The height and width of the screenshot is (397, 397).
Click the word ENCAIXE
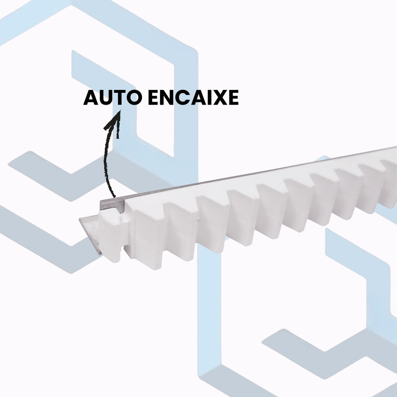(193, 98)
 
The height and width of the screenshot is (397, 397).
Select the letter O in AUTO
(133, 98)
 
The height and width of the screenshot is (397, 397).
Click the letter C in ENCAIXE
(183, 98)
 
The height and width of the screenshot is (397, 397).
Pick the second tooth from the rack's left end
(178, 233)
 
